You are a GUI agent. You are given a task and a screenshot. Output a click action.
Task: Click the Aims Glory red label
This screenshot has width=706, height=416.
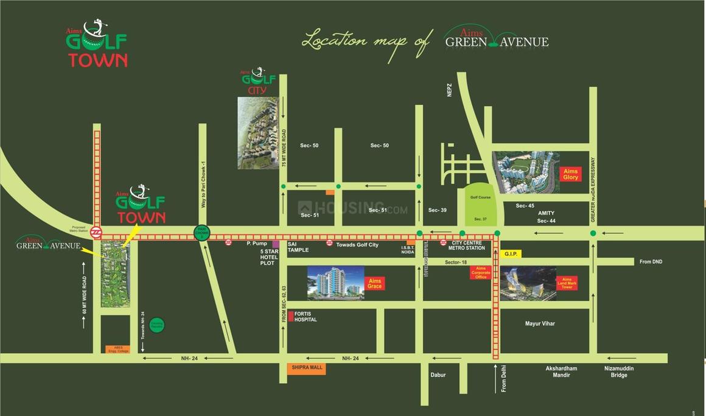coord(570,174)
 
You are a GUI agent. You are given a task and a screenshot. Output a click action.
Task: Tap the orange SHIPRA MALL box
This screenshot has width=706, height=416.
coord(306,369)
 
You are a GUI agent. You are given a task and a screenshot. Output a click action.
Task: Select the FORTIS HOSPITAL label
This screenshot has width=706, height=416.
coord(306,316)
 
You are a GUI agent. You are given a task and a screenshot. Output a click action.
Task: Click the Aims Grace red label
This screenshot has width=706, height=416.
coord(375,284)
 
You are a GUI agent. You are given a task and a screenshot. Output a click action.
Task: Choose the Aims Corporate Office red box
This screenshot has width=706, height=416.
coord(480,272)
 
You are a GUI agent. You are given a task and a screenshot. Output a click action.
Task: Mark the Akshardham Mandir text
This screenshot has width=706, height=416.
coord(561,372)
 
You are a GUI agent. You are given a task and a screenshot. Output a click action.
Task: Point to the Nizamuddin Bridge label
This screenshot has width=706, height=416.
coord(619,372)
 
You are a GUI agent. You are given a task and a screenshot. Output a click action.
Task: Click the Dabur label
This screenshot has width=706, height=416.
coord(438,375)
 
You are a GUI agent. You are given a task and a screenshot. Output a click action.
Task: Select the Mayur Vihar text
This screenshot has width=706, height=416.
coord(540,323)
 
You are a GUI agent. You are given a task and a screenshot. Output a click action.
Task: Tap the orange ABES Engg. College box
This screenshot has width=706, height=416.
coord(118,350)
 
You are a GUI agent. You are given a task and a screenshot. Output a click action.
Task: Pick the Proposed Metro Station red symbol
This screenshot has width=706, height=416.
coord(96,232)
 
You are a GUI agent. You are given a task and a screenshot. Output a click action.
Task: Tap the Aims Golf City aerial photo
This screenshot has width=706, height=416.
coord(257,133)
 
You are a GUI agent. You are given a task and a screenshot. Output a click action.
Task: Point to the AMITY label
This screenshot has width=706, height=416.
coord(546,213)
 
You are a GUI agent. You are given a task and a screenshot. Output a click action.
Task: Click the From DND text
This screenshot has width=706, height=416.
coord(650,262)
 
